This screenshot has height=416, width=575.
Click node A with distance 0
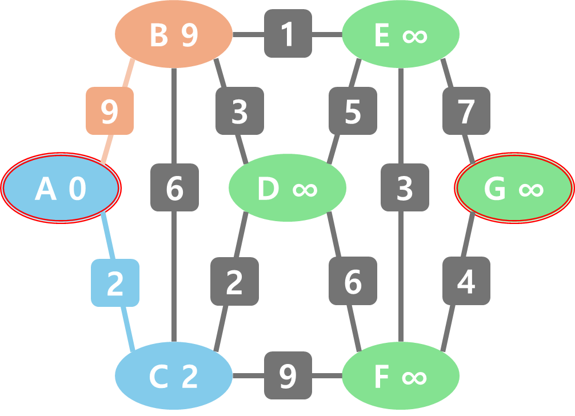coord(61,188)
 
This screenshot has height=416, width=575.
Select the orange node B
coord(174,35)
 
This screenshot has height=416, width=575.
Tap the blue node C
coord(174,376)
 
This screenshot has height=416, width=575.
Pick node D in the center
coord(287,188)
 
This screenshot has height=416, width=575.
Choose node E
coord(401,35)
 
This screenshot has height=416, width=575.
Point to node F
coord(401,376)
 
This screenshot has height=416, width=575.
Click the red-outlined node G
coord(514,188)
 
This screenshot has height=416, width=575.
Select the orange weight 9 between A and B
coord(110,111)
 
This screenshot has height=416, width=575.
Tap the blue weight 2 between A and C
coord(115,283)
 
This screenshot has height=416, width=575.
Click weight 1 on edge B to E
coord(288,34)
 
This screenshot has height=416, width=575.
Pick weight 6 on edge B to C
coord(174,187)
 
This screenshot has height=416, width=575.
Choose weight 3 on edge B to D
coord(239,111)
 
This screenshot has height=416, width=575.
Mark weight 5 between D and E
coord(353,111)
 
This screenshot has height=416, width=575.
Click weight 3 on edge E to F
coord(405,187)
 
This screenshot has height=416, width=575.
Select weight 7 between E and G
coord(466,111)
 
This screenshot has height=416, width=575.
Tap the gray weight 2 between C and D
coord(234,281)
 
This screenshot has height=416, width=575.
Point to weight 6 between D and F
coord(353,281)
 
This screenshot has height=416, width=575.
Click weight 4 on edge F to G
coord(466,281)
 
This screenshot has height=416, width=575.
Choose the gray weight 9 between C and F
coord(288,375)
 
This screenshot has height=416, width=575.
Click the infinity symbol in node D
coord(305,189)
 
